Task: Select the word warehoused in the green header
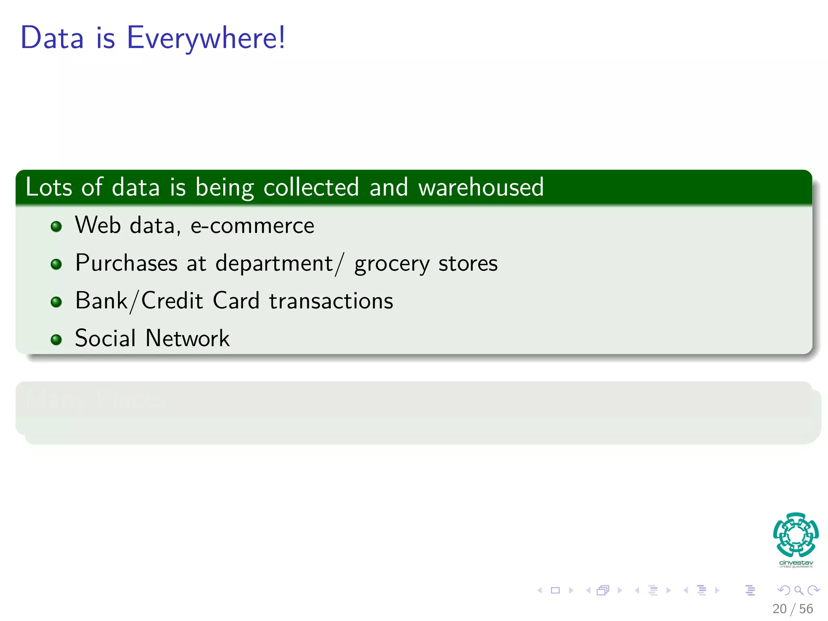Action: click(481, 188)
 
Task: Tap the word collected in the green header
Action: click(311, 188)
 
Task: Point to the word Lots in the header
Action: click(49, 188)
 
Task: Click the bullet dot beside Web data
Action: click(56, 226)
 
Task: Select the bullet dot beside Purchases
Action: click(56, 264)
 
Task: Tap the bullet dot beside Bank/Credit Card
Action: click(56, 302)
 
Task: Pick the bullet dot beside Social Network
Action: click(56, 339)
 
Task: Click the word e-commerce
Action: click(252, 226)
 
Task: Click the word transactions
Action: click(331, 301)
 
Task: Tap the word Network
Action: click(188, 338)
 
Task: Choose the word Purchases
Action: click(126, 263)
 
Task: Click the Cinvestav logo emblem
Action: click(796, 535)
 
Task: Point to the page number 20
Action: click(779, 609)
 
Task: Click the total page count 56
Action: click(806, 609)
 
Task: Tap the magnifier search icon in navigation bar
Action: click(798, 590)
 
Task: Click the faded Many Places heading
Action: click(95, 399)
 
